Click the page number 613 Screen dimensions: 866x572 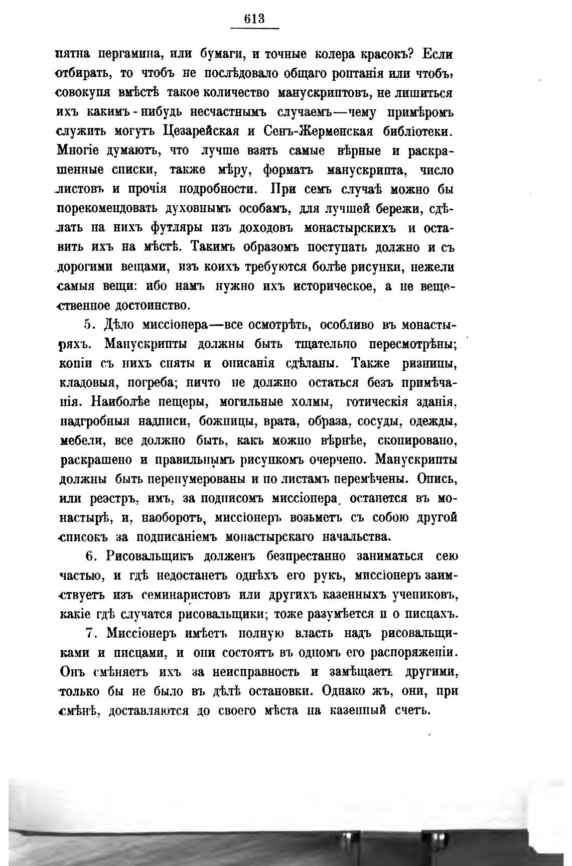[254, 19]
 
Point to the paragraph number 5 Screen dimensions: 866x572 [87, 325]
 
